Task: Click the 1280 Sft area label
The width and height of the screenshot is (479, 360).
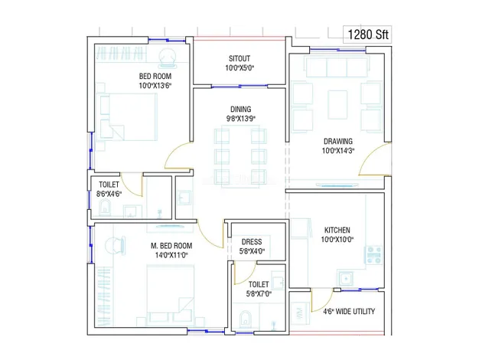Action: click(x=368, y=34)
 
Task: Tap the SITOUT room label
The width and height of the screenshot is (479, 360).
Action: click(x=239, y=58)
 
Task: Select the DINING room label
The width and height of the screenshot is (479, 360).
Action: click(x=241, y=110)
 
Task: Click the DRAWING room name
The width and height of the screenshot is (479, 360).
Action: click(x=338, y=141)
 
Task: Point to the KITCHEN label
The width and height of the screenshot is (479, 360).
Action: click(x=337, y=230)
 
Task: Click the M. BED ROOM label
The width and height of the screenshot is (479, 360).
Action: click(x=171, y=246)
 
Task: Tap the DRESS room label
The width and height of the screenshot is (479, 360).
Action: click(x=252, y=242)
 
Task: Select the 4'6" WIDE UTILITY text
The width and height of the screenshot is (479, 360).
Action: click(x=349, y=312)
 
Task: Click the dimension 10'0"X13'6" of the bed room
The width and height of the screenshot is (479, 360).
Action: click(x=155, y=86)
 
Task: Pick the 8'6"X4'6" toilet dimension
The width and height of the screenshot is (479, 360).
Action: click(x=109, y=194)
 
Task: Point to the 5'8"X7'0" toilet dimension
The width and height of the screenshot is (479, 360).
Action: click(x=259, y=294)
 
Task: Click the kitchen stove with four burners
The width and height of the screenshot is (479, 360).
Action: click(x=374, y=254)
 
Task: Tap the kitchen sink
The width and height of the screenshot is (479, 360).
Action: click(x=346, y=279)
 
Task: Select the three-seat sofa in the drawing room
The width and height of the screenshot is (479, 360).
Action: click(x=337, y=67)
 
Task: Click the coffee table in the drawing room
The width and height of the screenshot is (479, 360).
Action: click(x=337, y=104)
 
